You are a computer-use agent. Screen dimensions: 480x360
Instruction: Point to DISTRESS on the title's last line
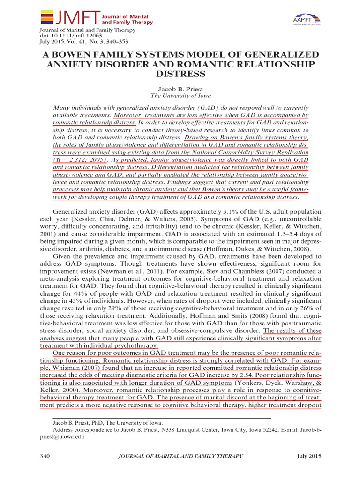point(180,74)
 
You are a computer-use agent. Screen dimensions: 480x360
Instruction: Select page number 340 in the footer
point(44,457)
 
